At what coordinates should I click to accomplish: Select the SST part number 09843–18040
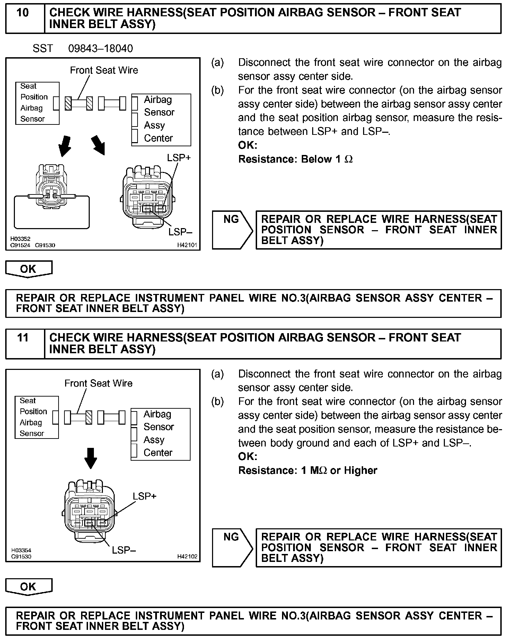100,48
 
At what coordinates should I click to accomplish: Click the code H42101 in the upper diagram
187,245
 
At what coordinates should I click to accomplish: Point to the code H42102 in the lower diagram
187,556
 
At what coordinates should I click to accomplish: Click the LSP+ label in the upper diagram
179,158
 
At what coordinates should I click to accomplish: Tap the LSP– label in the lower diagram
124,550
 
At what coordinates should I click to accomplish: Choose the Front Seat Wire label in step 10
104,70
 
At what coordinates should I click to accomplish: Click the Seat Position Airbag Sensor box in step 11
37,417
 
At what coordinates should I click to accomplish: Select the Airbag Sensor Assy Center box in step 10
161,119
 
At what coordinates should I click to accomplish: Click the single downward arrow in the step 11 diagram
91,458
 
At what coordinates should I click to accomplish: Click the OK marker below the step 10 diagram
28,269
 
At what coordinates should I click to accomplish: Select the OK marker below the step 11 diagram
28,587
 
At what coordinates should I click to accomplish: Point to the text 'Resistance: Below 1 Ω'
296,159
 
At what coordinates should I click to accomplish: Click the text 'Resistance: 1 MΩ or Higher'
308,470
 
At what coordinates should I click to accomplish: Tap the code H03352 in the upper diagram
20,239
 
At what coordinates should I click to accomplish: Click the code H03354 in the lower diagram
21,550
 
